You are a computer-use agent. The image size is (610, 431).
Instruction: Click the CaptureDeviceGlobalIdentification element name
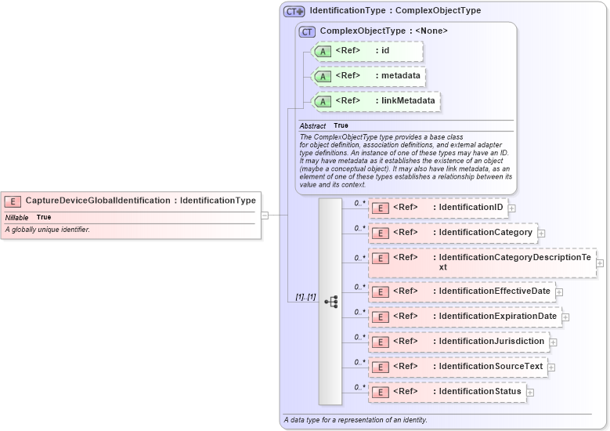pyautogui.click(x=98, y=201)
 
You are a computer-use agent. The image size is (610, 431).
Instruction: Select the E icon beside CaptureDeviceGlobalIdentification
pyautogui.click(x=13, y=201)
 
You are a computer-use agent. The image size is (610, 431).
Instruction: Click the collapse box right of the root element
pyautogui.click(x=265, y=215)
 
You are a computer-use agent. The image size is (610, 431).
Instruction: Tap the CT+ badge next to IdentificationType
pyautogui.click(x=294, y=11)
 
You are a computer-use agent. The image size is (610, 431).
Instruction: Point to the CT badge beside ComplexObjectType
pyautogui.click(x=307, y=31)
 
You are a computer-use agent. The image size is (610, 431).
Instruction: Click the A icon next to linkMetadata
pyautogui.click(x=323, y=102)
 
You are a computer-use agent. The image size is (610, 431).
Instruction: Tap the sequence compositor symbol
pyautogui.click(x=330, y=301)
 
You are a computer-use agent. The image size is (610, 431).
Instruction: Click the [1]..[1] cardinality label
pyautogui.click(x=305, y=297)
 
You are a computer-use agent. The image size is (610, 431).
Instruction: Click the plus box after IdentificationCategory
pyautogui.click(x=541, y=234)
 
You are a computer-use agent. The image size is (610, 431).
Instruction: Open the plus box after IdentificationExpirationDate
pyautogui.click(x=565, y=317)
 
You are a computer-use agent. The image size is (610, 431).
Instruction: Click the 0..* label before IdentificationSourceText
pyautogui.click(x=360, y=362)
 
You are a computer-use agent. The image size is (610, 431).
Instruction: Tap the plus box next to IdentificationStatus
pyautogui.click(x=530, y=392)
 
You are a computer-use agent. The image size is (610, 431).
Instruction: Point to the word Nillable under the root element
pyautogui.click(x=17, y=217)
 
